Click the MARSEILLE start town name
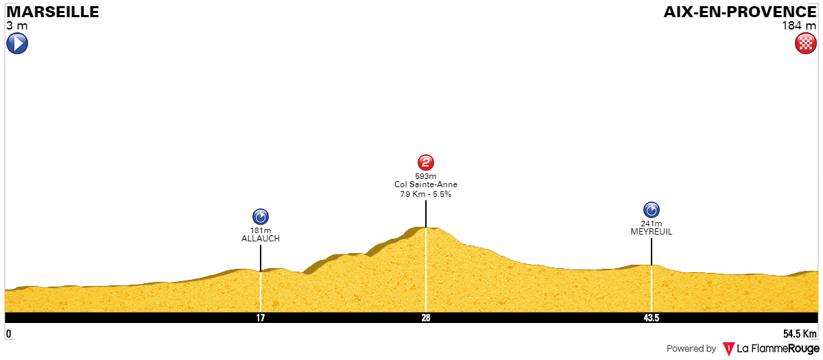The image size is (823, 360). tap(53, 12)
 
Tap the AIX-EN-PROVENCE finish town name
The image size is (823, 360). tap(740, 12)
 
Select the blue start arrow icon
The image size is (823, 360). tap(17, 43)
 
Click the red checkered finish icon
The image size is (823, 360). tap(806, 43)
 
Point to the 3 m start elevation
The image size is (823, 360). tap(17, 26)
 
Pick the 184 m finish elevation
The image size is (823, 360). tap(799, 26)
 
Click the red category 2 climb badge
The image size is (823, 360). tap(426, 162)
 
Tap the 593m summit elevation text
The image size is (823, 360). tap(426, 176)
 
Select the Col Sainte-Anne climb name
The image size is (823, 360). tap(426, 184)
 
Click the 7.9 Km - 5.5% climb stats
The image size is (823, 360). tap(426, 194)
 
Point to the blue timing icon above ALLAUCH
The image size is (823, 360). tap(261, 217)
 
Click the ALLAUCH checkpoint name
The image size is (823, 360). tap(261, 239)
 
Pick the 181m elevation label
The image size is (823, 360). tap(261, 230)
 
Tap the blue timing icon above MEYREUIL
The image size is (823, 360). tap(652, 210)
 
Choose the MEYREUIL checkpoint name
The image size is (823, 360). tap(652, 232)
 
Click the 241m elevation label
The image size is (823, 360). tap(652, 224)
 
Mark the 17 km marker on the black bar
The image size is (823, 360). tap(261, 317)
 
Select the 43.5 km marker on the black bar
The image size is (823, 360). tap(652, 317)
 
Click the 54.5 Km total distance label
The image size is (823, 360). tap(800, 334)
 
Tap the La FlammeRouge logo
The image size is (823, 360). tap(771, 348)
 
